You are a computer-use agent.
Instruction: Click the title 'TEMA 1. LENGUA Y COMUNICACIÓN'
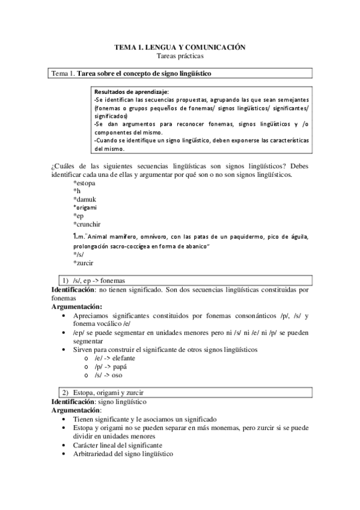tap(180, 47)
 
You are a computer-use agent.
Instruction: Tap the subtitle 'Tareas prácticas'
tap(180, 56)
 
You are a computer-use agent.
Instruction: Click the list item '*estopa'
tap(86, 183)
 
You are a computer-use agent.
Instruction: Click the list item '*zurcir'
tap(86, 263)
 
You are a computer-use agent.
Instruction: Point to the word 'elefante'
tap(121, 358)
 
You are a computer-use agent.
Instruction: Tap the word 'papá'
tap(118, 366)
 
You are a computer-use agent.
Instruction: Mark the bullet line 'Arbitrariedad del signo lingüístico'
tap(123, 453)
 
